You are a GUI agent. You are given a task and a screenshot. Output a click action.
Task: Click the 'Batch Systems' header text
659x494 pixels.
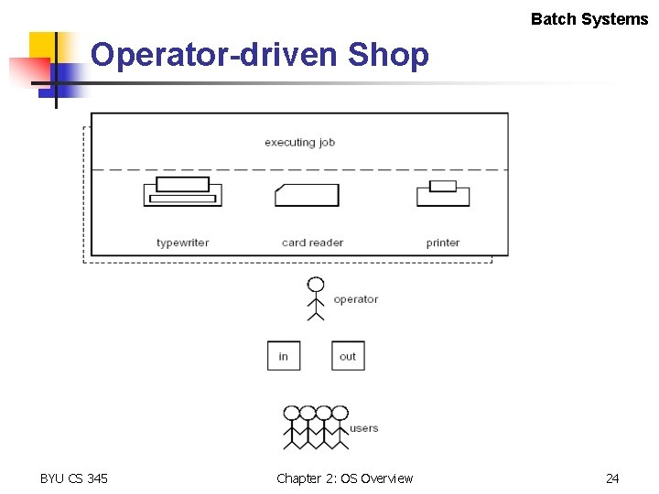589,19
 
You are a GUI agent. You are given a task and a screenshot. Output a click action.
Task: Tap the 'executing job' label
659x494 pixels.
299,143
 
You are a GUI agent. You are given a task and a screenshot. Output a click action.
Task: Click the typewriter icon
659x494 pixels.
182,192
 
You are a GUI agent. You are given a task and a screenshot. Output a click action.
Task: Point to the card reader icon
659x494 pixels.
307,195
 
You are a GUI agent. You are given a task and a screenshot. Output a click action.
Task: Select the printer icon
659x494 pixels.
443,193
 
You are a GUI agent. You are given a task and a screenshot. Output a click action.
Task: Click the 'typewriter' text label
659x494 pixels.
183,242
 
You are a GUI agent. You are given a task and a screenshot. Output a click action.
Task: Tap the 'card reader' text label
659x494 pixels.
312,242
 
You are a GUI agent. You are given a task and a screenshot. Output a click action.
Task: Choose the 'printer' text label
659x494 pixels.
443,242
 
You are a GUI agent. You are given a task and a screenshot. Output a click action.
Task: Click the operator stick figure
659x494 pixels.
316,297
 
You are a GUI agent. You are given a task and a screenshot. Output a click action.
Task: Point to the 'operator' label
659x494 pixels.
356,299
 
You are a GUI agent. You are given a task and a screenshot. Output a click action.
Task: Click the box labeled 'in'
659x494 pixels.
284,356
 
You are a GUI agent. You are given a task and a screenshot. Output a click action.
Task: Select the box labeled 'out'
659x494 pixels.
348,356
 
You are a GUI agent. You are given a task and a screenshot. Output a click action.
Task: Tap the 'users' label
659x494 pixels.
364,428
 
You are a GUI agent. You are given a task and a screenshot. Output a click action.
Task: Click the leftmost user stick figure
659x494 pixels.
292,426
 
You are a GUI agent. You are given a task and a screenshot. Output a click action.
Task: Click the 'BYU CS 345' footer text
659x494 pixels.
74,478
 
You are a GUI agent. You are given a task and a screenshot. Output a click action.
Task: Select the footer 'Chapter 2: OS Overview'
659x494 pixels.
344,478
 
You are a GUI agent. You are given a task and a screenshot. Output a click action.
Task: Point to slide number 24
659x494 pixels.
612,478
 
